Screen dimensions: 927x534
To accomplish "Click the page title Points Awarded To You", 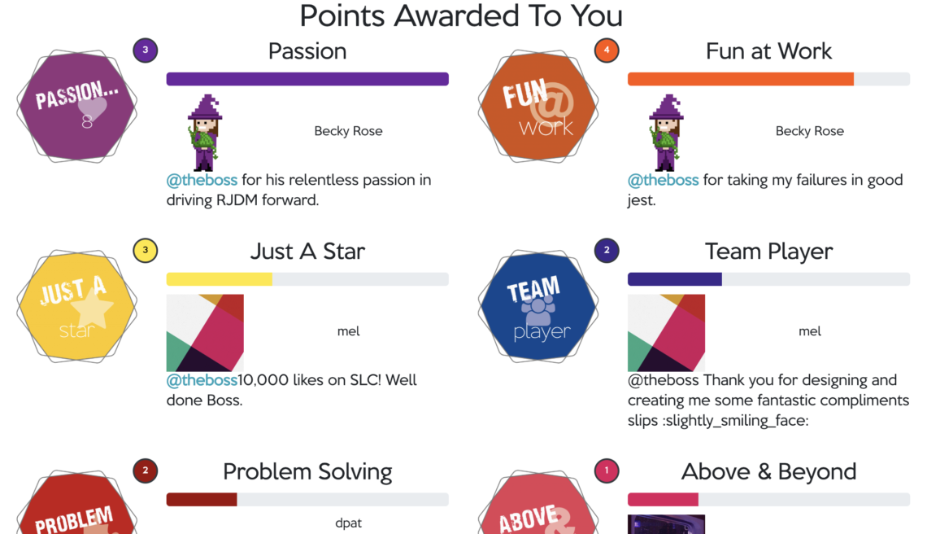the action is (461, 16).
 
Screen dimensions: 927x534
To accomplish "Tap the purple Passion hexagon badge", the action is (77, 106).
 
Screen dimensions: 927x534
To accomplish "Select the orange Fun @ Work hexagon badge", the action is (538, 106).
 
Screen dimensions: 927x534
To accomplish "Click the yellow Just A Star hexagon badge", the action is (77, 306).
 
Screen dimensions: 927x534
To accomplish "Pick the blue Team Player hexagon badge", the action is (538, 306).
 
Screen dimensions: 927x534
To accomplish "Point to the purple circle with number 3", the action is (146, 50).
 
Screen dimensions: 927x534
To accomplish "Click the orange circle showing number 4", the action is (607, 50).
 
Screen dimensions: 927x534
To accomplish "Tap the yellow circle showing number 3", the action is (146, 251).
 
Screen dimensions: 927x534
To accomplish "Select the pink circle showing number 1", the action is (607, 471).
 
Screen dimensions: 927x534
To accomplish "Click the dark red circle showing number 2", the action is (146, 471).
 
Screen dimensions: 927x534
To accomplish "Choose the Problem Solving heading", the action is (307, 472).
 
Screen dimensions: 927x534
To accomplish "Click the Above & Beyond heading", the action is (768, 472).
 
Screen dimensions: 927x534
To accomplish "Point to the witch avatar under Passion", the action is (205, 133).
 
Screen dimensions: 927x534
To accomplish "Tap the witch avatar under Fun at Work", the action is (666, 133).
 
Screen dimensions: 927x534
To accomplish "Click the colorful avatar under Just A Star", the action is (205, 333).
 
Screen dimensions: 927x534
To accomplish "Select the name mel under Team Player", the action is (810, 331).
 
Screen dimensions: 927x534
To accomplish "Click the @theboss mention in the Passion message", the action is (202, 180).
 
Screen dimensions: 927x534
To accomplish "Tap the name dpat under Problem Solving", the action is (348, 523).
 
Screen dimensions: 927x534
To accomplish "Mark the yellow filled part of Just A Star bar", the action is (220, 279).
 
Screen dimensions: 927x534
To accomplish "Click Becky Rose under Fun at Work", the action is (810, 131).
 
